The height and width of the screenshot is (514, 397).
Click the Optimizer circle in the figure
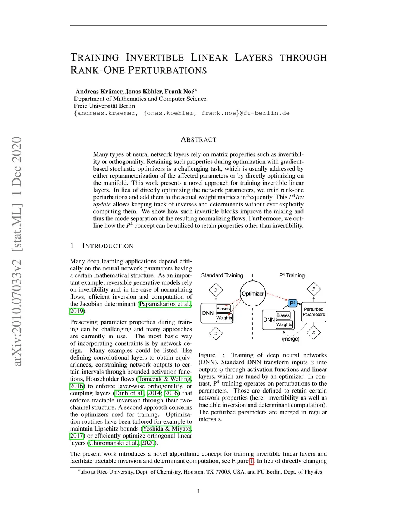pyautogui.click(x=252, y=294)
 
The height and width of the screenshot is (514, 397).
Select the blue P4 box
pyautogui.click(x=293, y=303)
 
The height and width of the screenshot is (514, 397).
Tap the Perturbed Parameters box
pyautogui.click(x=314, y=312)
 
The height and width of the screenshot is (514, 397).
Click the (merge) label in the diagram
pyautogui.click(x=290, y=339)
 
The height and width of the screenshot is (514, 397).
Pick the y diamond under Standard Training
pyautogui.click(x=216, y=289)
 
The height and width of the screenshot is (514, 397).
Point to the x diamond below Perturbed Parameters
pyautogui.click(x=314, y=332)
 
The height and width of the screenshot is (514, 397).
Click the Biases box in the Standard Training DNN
pyautogui.click(x=223, y=308)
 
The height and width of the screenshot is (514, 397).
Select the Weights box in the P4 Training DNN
pyautogui.click(x=284, y=324)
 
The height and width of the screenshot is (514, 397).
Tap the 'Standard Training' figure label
pyautogui.click(x=222, y=275)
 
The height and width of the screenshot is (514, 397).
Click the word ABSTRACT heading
pyautogui.click(x=198, y=140)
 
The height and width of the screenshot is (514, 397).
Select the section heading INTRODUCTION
pyautogui.click(x=108, y=246)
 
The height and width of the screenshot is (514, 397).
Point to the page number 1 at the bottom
pyautogui.click(x=198, y=491)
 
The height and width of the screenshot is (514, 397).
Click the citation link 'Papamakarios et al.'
pyautogui.click(x=165, y=304)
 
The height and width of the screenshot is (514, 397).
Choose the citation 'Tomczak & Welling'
pyautogui.click(x=165, y=379)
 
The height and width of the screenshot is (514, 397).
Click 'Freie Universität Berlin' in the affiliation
pyautogui.click(x=105, y=106)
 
